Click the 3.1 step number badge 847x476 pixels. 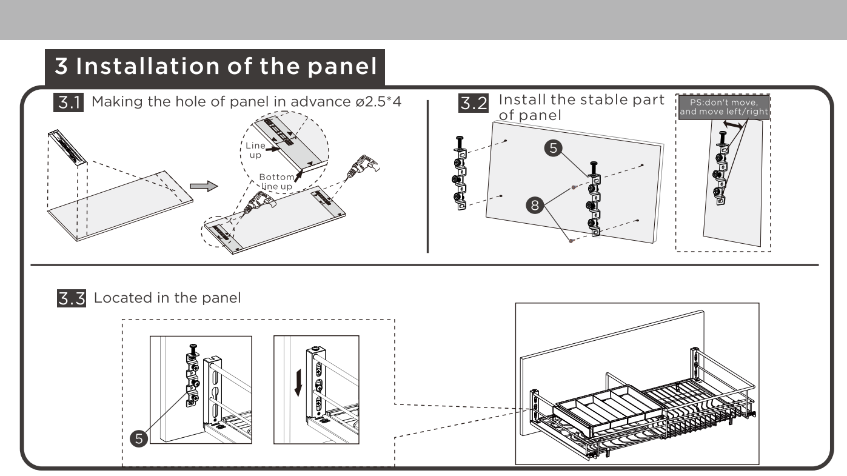point(69,102)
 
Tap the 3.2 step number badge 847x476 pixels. point(474,103)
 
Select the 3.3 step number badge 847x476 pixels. point(72,298)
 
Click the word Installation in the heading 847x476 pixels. point(148,66)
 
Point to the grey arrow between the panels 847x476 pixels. point(204,186)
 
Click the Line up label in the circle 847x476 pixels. point(255,150)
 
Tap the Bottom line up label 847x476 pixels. point(277,181)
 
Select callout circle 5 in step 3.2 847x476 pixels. point(553,148)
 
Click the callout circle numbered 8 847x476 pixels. point(535,206)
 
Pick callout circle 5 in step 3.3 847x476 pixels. point(139,439)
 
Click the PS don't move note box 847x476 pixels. point(724,107)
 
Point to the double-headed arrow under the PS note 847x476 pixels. point(732,125)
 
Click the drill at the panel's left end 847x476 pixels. point(259,203)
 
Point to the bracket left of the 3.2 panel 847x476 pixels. point(460,173)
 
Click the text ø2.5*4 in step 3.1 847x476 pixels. point(378,102)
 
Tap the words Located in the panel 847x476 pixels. point(167,298)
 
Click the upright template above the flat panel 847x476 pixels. point(67,147)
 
